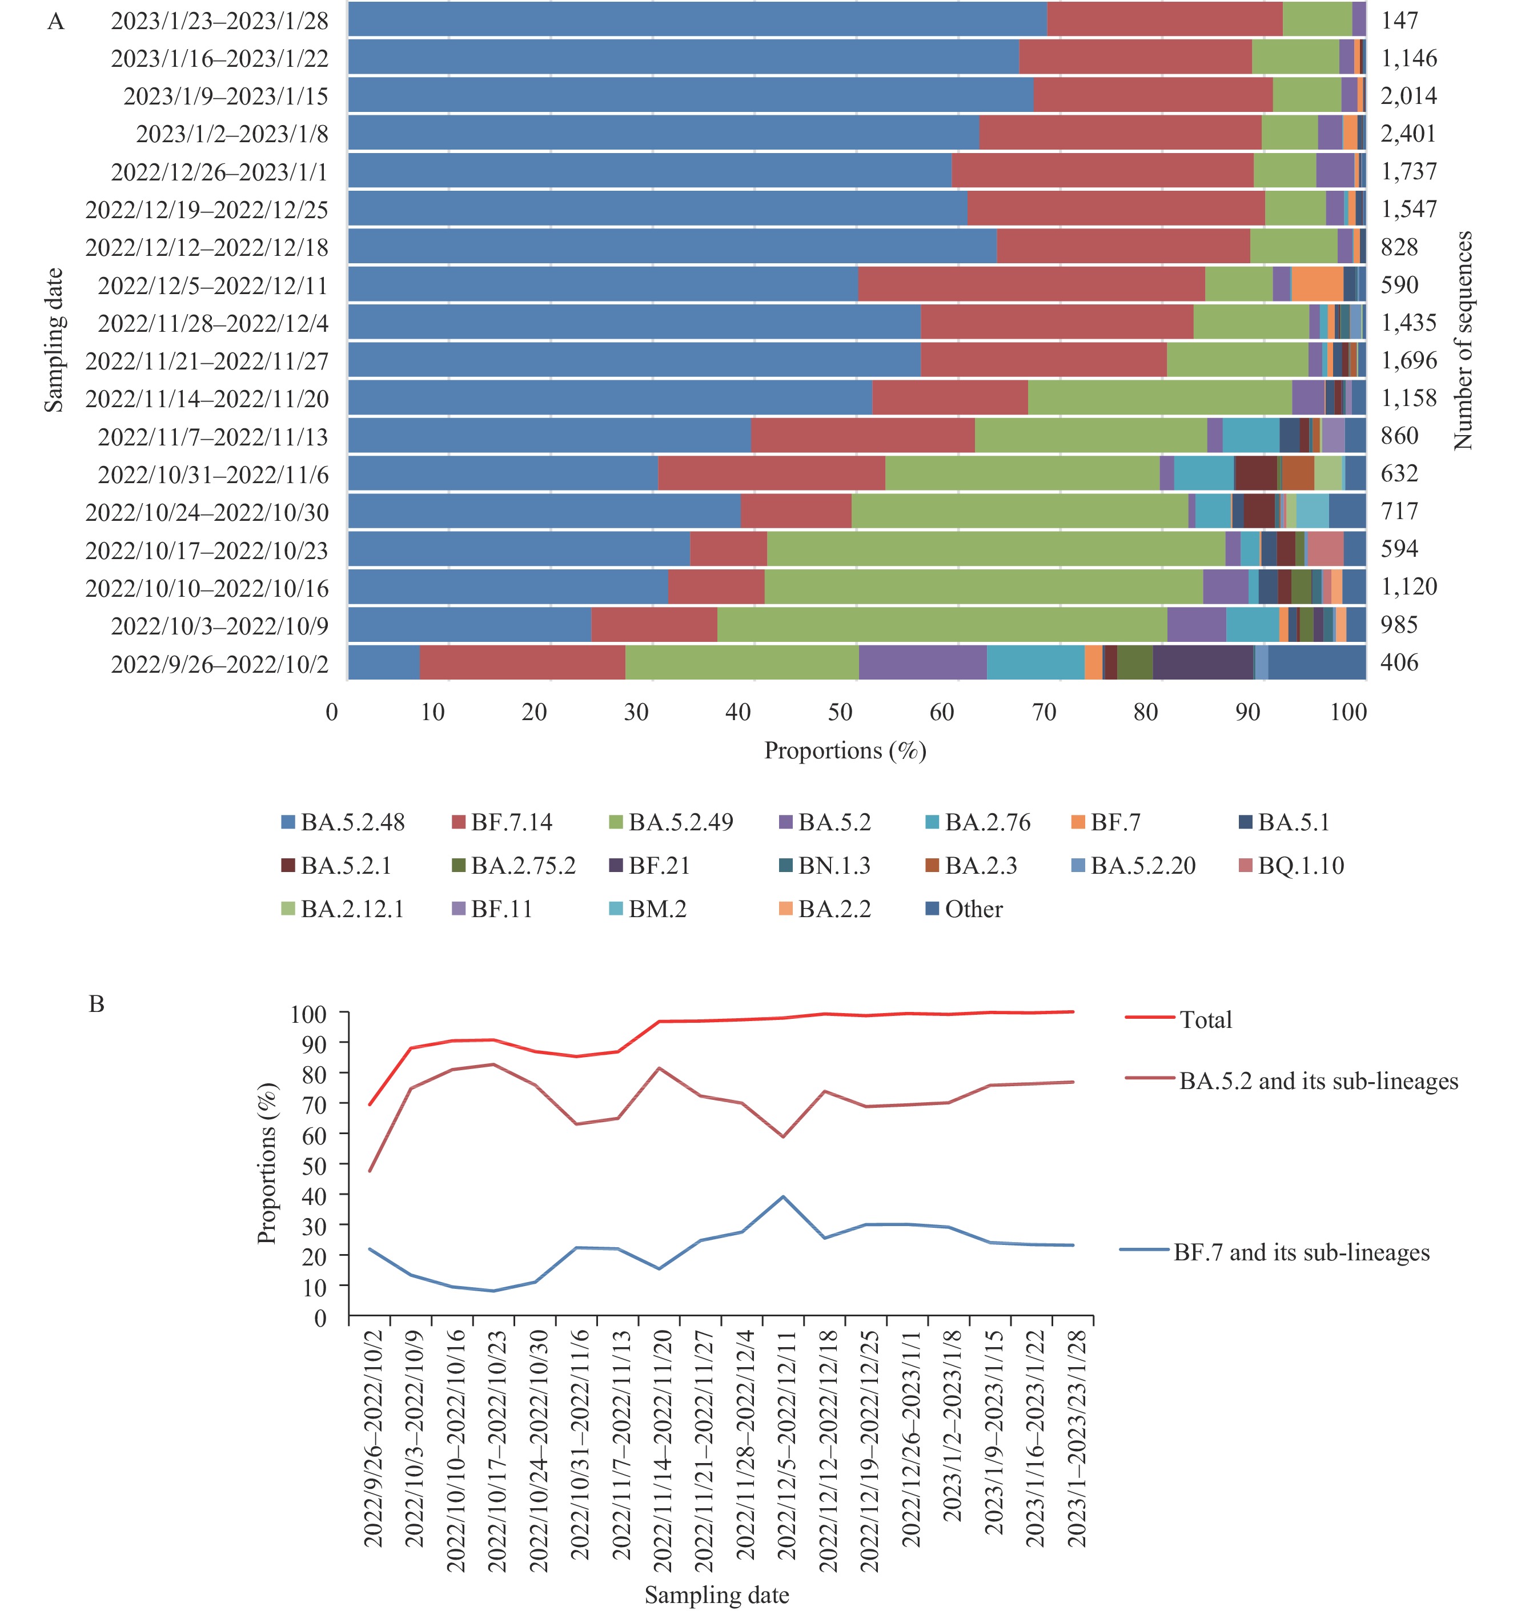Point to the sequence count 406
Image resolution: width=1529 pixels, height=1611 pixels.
pyautogui.click(x=1399, y=662)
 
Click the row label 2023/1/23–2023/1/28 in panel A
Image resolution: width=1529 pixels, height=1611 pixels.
pyautogui.click(x=219, y=21)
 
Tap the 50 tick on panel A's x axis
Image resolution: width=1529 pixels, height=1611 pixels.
pyautogui.click(x=840, y=712)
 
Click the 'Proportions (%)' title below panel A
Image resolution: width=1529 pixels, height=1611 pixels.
pyautogui.click(x=844, y=750)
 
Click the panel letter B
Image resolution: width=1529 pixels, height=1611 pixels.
pyautogui.click(x=96, y=1004)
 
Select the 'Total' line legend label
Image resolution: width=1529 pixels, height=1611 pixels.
pyautogui.click(x=1205, y=1019)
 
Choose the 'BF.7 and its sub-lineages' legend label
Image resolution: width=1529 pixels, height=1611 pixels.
pyautogui.click(x=1301, y=1252)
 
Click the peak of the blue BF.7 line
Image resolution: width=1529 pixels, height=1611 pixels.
pyautogui.click(x=783, y=1196)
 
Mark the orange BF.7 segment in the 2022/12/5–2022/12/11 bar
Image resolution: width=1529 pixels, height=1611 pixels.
pyautogui.click(x=1317, y=284)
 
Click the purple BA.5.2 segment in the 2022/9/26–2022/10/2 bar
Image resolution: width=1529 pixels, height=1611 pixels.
pyautogui.click(x=922, y=662)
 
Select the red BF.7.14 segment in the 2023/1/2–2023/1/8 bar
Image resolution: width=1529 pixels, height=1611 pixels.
pyautogui.click(x=1120, y=133)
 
